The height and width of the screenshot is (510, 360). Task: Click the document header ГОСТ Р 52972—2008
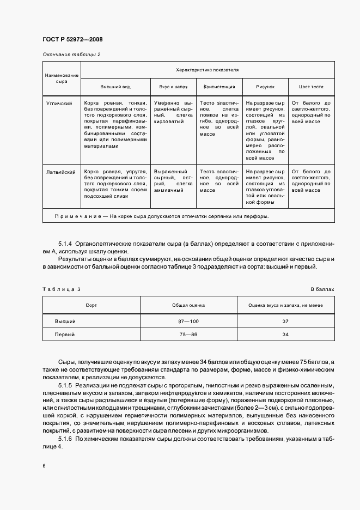[x=72, y=39]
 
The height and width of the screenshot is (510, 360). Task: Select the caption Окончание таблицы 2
[x=71, y=54]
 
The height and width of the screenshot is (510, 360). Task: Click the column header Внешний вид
[x=115, y=87]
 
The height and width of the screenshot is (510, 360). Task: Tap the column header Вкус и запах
[x=173, y=87]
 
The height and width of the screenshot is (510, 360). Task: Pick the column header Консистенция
[x=219, y=87]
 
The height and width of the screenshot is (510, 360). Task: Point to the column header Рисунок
[x=265, y=87]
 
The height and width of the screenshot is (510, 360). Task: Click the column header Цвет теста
[x=310, y=87]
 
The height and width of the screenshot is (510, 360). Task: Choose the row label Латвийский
[x=61, y=171]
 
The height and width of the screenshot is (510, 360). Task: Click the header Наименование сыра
[x=62, y=78]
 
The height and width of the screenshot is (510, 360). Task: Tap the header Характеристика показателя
[x=207, y=70]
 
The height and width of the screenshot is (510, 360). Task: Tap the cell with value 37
[x=285, y=321]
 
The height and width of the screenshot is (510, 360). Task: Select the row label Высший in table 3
[x=65, y=321]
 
